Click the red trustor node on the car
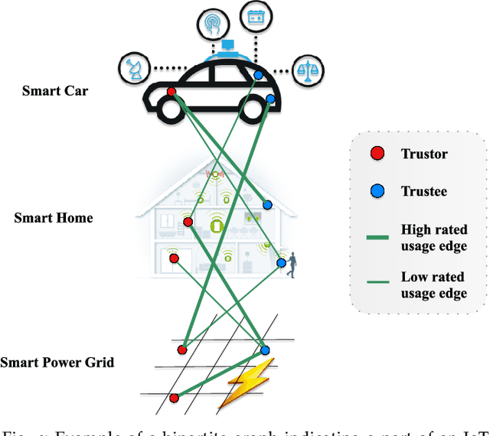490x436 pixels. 171,93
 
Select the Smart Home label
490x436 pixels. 53,218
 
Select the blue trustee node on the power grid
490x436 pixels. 265,350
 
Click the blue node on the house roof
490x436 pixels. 267,204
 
